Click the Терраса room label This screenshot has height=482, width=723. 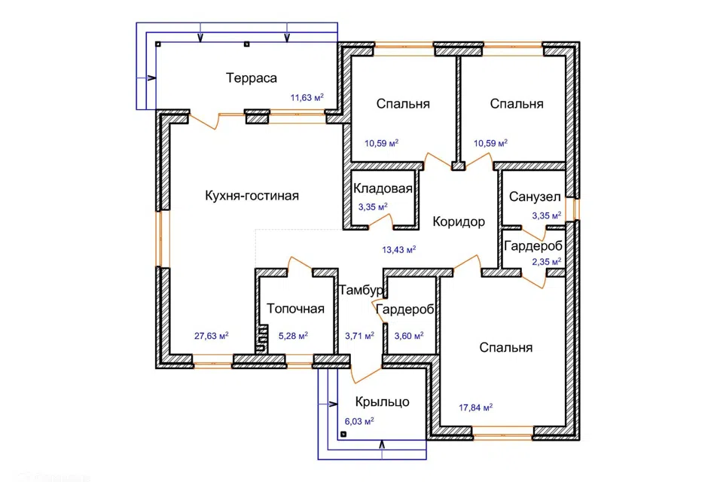(x=252, y=78)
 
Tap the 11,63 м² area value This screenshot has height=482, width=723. (x=307, y=97)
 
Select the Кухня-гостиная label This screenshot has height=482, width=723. (x=252, y=196)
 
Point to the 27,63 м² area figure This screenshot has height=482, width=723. (x=211, y=336)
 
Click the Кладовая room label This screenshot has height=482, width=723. (x=383, y=188)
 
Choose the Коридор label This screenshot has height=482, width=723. (x=459, y=222)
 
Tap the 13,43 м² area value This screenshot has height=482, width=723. (x=399, y=249)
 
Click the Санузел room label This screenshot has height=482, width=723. (x=535, y=197)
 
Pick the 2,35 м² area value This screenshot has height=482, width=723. (x=547, y=261)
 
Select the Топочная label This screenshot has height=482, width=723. (x=295, y=309)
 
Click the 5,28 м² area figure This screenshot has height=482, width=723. (x=293, y=336)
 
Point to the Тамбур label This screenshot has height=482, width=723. (x=361, y=290)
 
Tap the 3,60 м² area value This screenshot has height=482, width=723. (x=408, y=336)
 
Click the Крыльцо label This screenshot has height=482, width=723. (x=383, y=401)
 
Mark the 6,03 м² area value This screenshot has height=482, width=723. (x=359, y=421)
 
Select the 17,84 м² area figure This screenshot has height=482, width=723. (x=475, y=407)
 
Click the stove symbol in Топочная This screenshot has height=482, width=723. (x=261, y=339)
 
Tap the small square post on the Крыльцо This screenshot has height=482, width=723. (x=343, y=434)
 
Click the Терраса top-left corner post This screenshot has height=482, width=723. (x=158, y=44)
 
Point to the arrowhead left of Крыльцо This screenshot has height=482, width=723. (x=334, y=404)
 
